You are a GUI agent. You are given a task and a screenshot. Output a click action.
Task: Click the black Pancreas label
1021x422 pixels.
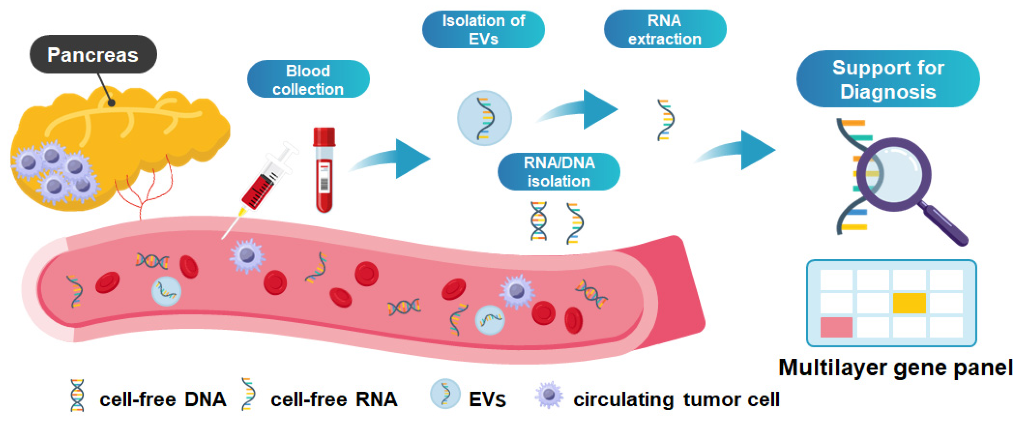[93, 54]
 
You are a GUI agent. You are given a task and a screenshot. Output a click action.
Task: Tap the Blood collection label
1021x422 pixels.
[308, 79]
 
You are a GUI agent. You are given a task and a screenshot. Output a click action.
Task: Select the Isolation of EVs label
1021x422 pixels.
[483, 30]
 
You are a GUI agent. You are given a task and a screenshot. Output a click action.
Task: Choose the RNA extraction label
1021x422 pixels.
[665, 30]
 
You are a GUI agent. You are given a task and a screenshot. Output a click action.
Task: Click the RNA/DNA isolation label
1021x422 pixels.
[558, 172]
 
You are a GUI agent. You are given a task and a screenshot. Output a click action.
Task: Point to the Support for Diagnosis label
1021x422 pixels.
[888, 79]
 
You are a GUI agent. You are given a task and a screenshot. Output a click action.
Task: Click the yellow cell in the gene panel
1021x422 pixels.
[909, 303]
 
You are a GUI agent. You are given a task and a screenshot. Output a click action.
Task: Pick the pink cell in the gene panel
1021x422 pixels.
[836, 327]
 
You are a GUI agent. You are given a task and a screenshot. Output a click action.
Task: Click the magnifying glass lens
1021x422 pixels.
[894, 174]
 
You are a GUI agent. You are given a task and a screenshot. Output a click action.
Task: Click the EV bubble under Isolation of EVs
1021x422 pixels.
[484, 118]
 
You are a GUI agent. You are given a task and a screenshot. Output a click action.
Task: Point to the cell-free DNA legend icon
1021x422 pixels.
[77, 395]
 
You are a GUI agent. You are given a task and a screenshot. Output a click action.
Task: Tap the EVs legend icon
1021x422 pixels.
[445, 393]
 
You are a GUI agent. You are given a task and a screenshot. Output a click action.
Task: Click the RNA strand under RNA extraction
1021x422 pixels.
[666, 120]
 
